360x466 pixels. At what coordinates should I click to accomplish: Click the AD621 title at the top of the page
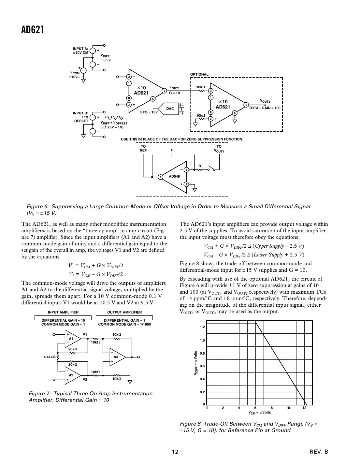pos(33,30)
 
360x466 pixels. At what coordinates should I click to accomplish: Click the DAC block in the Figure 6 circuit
pos(170,109)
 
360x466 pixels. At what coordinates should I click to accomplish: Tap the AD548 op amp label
pos(174,176)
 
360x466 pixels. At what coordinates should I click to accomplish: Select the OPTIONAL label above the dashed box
pos(199,74)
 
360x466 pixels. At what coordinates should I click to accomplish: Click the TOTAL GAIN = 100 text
pos(265,108)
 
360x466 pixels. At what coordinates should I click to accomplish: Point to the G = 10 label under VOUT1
pos(174,93)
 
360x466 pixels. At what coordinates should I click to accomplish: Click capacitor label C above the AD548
pos(172,150)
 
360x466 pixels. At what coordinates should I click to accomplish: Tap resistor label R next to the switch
pos(200,166)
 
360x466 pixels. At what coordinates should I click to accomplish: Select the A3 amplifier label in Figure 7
pos(116,357)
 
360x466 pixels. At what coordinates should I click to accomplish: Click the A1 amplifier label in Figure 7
pos(71,339)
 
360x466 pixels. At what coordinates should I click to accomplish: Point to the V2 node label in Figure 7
pos(85,380)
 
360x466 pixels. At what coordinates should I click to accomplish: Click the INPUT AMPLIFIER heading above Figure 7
pos(63,312)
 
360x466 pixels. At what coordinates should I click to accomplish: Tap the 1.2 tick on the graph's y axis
pos(202,327)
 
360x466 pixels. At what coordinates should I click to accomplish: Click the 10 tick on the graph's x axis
pos(288,408)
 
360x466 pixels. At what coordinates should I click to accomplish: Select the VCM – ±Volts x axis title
pos(260,413)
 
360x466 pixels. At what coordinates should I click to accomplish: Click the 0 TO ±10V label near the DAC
pos(149,112)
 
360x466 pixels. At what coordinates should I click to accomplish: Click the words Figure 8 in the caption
pos(191,424)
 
